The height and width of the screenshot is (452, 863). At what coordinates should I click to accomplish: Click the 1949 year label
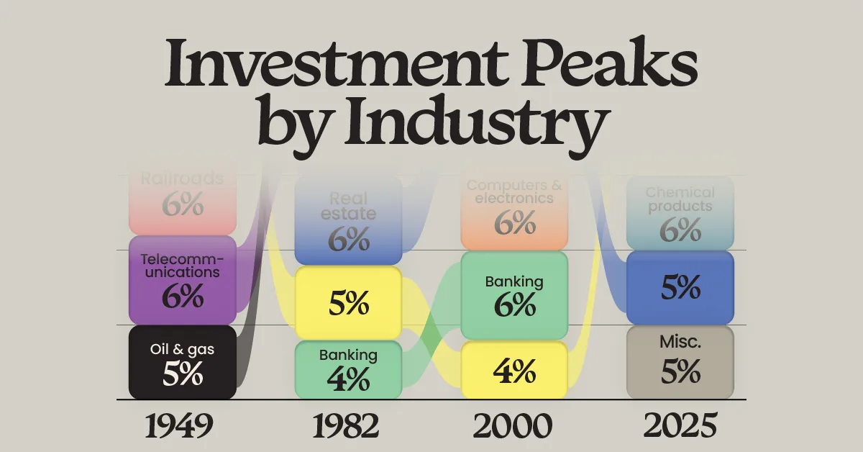pyautogui.click(x=179, y=427)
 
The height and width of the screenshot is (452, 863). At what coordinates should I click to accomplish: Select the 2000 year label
pyautogui.click(x=513, y=427)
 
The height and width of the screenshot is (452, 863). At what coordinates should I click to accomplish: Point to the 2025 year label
pyautogui.click(x=680, y=427)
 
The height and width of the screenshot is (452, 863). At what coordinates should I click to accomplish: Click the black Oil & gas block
pyautogui.click(x=183, y=362)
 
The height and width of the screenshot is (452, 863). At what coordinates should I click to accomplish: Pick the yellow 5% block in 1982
pyautogui.click(x=348, y=302)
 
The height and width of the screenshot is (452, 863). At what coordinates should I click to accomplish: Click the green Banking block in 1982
pyautogui.click(x=348, y=370)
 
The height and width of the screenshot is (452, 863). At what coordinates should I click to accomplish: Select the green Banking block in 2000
pyautogui.click(x=514, y=295)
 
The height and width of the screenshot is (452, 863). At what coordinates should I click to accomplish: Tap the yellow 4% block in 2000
pyautogui.click(x=514, y=371)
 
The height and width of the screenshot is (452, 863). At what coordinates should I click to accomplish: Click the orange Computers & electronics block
pyautogui.click(x=514, y=209)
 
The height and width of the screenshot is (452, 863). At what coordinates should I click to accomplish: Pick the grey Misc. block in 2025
pyautogui.click(x=680, y=362)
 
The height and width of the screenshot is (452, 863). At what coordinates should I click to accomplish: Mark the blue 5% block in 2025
pyautogui.click(x=680, y=288)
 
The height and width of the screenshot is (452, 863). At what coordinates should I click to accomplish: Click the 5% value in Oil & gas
pyautogui.click(x=183, y=375)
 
